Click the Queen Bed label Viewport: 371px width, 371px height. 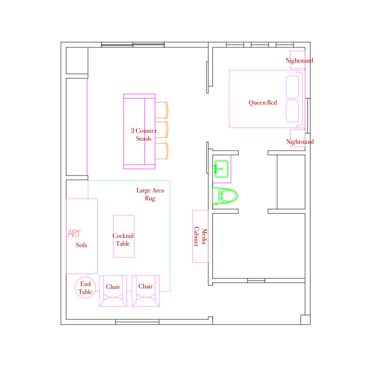pyautogui.click(x=262, y=102)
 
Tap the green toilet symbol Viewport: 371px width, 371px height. pyautogui.click(x=225, y=196)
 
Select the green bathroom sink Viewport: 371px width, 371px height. pyautogui.click(x=222, y=169)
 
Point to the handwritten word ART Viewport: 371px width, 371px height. pyautogui.click(x=74, y=234)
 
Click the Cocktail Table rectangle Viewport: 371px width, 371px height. pyautogui.click(x=124, y=236)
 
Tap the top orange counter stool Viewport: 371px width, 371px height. pyautogui.click(x=161, y=110)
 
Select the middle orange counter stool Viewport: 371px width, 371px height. pyautogui.click(x=161, y=130)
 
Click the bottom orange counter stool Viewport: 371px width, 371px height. pyautogui.click(x=161, y=151)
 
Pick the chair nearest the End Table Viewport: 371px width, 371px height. pyautogui.click(x=113, y=291)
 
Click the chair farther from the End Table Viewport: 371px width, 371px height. pyautogui.click(x=146, y=291)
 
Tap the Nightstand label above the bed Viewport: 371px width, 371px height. pyautogui.click(x=299, y=61)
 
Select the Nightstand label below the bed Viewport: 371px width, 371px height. pyautogui.click(x=300, y=142)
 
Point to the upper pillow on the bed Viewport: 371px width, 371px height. pyautogui.click(x=293, y=87)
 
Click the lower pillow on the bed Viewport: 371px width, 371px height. pyautogui.click(x=293, y=111)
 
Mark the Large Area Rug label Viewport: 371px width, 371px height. pyautogui.click(x=150, y=194)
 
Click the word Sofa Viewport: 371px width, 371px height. pyautogui.click(x=82, y=245)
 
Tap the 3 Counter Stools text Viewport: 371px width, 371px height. pyautogui.click(x=144, y=134)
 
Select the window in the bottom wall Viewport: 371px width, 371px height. pyautogui.click(x=137, y=322)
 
